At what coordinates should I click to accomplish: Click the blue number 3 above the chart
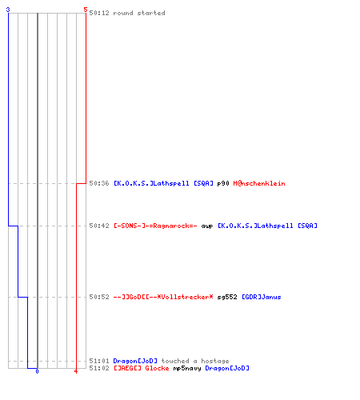[8, 10]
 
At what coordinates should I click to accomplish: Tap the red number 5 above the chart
[86, 10]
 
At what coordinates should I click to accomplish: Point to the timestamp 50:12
[99, 13]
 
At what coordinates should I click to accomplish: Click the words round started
[139, 13]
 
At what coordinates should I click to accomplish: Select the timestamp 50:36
[99, 183]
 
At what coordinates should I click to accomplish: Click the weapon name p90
[223, 184]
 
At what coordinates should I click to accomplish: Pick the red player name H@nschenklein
[259, 183]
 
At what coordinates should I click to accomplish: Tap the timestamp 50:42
[99, 226]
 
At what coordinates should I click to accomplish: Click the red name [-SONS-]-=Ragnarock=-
[155, 226]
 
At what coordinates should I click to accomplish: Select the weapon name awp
[207, 226]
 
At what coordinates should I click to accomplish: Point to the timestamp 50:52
[99, 297]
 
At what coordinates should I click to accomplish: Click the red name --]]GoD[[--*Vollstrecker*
[163, 297]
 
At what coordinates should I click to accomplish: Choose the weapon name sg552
[227, 298]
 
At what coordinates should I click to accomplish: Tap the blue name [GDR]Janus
[262, 297]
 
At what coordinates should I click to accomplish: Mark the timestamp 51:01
[99, 361]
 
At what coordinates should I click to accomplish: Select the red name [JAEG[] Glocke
[142, 368]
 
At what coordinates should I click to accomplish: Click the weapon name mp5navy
[187, 369]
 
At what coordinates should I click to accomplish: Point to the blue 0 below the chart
[37, 371]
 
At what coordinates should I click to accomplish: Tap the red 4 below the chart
[76, 371]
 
